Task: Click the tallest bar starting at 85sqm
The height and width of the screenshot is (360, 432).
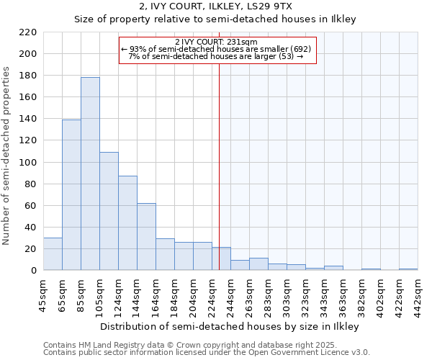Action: pos(90,174)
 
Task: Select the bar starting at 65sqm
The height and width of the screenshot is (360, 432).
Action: pos(71,195)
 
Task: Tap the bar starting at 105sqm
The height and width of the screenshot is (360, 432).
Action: pos(109,211)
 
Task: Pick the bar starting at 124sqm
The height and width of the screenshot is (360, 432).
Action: pos(127,223)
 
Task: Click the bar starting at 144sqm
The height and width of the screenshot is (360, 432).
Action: pos(146,237)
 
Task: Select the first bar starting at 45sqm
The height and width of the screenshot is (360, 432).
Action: pos(53,254)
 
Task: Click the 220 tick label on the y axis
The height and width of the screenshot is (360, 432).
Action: pos(28,32)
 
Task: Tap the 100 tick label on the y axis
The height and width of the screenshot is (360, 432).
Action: pos(28,163)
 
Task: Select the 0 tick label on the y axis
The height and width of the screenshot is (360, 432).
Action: pos(34,271)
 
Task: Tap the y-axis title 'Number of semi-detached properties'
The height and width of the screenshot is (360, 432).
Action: pos(7,156)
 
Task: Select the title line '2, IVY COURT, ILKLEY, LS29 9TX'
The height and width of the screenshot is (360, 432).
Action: pos(216,7)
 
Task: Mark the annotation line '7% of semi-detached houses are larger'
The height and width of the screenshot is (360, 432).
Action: pos(216,56)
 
